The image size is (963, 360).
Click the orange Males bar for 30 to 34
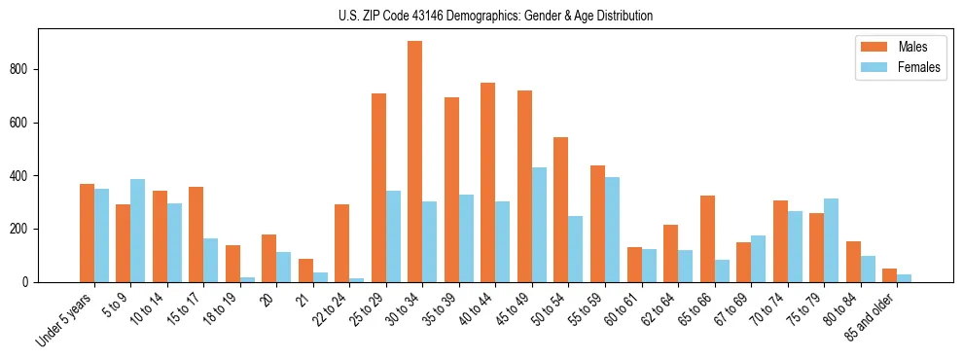pos(415,162)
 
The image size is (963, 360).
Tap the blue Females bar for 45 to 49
pos(539,225)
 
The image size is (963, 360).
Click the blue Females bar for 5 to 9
pos(137,231)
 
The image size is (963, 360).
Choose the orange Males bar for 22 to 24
pos(341,243)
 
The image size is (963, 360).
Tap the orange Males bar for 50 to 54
pos(561,209)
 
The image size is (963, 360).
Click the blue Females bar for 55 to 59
pos(612,230)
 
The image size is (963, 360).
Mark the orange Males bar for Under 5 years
pos(87,233)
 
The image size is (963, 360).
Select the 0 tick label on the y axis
pos(29,282)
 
